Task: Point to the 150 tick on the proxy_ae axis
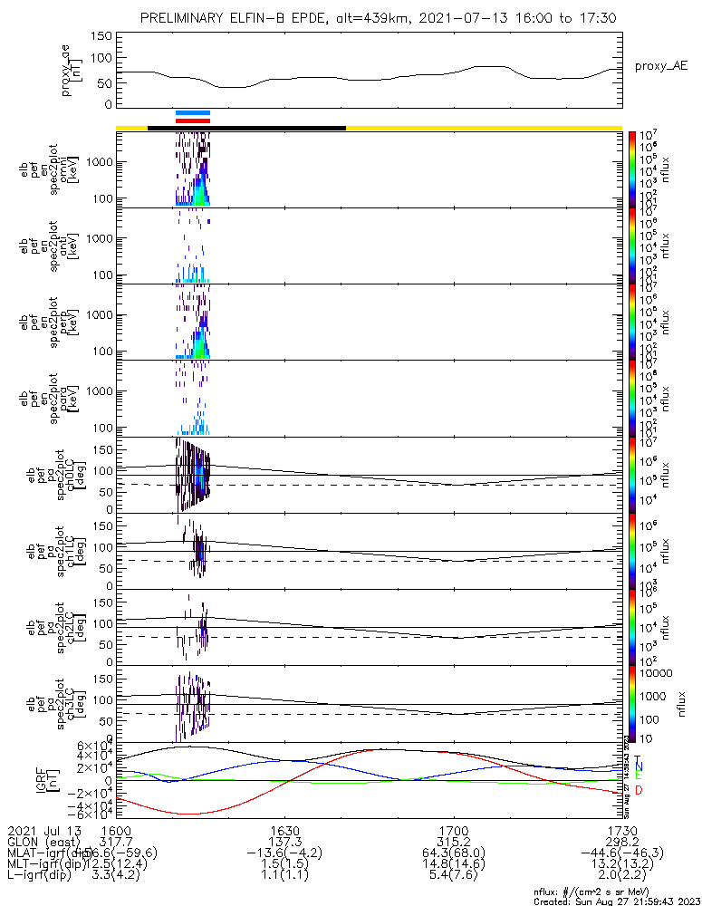[x=101, y=36]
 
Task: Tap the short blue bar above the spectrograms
[x=193, y=113]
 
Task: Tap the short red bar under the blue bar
[x=193, y=120]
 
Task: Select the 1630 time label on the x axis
[x=284, y=830]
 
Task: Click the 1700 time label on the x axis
[x=453, y=830]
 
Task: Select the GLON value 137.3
[x=284, y=842]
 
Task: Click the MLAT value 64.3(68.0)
[x=453, y=853]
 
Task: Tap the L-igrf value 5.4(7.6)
[x=453, y=877]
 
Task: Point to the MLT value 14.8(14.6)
[x=453, y=865]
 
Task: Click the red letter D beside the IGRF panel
[x=639, y=791]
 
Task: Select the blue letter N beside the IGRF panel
[x=639, y=766]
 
